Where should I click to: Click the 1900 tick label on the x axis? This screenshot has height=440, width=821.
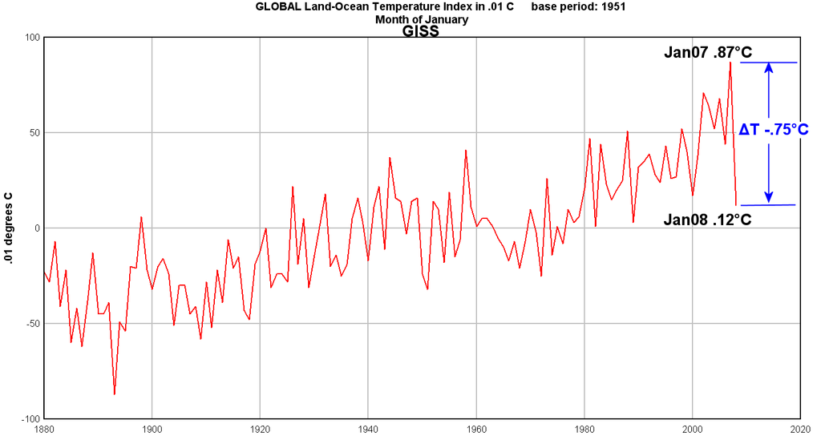[x=152, y=430]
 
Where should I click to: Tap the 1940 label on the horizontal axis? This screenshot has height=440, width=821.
[x=368, y=430]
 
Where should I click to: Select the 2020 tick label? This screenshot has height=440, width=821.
[x=801, y=430]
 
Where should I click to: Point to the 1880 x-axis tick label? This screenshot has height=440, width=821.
[x=44, y=430]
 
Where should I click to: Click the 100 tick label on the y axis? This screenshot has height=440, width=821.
[x=32, y=38]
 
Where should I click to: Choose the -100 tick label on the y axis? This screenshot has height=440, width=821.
[x=30, y=419]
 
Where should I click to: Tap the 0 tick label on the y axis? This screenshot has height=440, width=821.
[x=38, y=228]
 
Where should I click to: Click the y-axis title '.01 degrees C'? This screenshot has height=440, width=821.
[x=8, y=228]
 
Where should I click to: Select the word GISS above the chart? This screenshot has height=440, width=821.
[x=420, y=31]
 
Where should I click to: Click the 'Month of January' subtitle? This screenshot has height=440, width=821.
[x=422, y=19]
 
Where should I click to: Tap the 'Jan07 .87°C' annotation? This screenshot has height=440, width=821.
[x=708, y=52]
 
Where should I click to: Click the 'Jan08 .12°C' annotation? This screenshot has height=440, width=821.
[x=707, y=220]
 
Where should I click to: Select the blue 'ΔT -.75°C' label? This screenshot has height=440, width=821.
[x=774, y=129]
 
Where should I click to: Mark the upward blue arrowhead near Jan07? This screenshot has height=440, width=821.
[x=769, y=67]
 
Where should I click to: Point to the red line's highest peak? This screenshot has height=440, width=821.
[x=730, y=63]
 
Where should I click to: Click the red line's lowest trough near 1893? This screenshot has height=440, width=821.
[x=114, y=394]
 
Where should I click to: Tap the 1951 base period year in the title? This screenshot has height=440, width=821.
[x=613, y=6]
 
